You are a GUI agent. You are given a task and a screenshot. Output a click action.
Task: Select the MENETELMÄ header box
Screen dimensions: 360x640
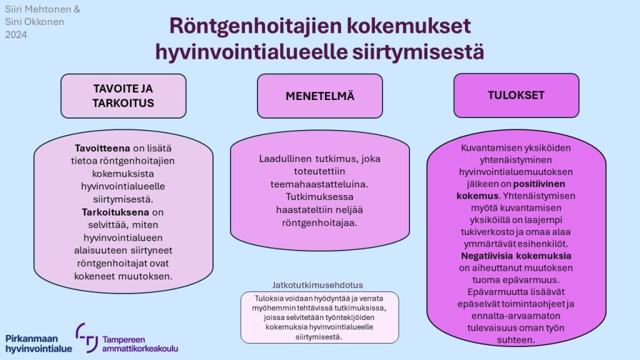coord(320,96)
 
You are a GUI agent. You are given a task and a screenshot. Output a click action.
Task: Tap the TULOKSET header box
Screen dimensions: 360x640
coord(516,96)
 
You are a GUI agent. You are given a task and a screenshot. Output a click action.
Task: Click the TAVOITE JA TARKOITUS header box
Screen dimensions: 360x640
coord(123,96)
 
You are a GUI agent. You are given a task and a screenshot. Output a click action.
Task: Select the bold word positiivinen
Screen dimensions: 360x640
coord(541,184)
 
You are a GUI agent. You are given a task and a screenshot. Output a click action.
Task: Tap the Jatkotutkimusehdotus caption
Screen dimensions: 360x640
coord(317,284)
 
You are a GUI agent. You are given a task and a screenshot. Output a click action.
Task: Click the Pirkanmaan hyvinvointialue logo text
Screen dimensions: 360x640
coord(39,342)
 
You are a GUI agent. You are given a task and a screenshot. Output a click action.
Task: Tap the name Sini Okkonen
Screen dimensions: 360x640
coord(34,22)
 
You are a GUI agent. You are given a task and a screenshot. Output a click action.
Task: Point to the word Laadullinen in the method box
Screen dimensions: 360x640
coord(286,159)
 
